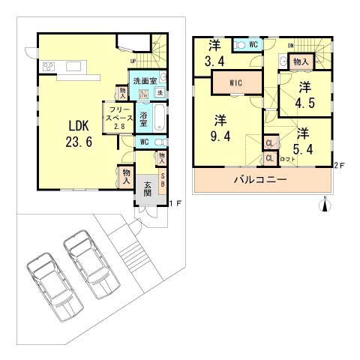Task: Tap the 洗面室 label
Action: [144, 80]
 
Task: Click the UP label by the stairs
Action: [133, 61]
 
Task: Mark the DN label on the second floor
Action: [290, 46]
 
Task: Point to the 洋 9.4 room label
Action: [220, 127]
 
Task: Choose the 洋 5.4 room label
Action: [302, 139]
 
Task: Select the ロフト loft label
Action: [288, 160]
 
